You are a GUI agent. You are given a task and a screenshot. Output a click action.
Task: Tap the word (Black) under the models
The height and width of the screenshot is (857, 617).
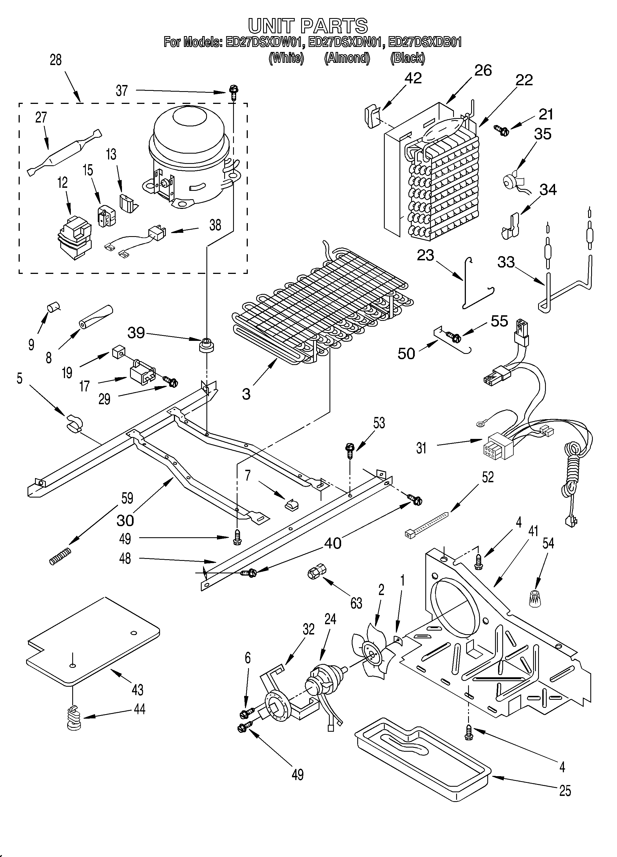[x=407, y=58]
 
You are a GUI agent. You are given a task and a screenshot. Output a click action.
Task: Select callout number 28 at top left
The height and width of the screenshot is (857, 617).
[x=56, y=60]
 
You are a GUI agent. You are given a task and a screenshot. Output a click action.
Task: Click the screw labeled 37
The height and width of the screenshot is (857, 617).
[x=233, y=92]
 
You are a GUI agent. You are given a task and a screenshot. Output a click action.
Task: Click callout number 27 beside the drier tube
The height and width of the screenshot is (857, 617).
[x=41, y=118]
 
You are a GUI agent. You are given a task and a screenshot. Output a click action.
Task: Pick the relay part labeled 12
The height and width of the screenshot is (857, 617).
[x=74, y=238]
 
